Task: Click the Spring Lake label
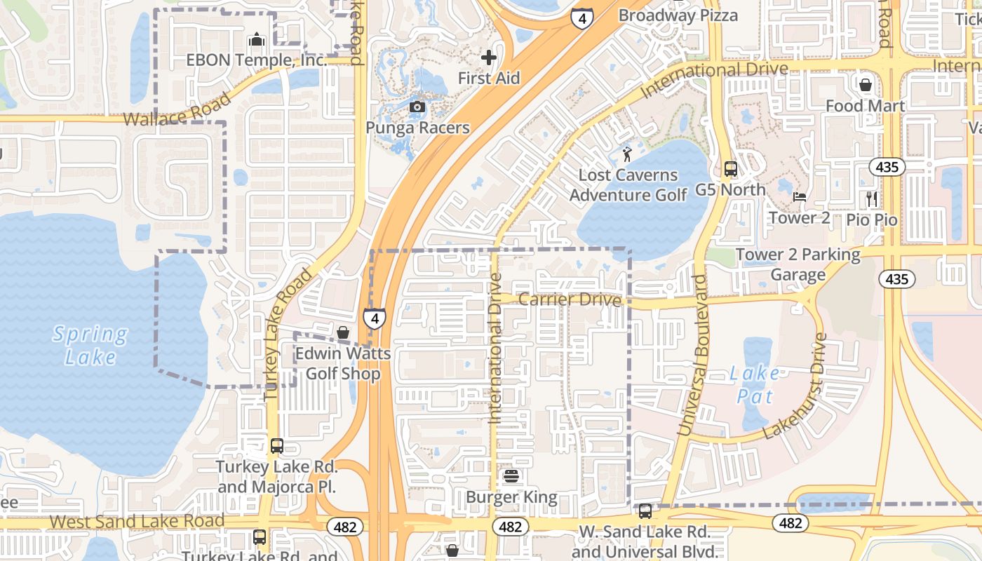90,345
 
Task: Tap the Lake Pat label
755,384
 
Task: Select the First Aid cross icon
489,58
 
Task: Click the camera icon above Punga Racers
417,107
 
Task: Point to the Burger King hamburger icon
511,477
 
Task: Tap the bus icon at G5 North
731,169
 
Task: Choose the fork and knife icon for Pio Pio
872,198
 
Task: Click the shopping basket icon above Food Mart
866,85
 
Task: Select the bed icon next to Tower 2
799,197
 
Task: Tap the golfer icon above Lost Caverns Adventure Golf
627,154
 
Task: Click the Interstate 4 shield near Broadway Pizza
581,18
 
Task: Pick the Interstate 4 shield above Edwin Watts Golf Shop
375,318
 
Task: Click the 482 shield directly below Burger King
510,526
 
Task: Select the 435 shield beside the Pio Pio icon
887,167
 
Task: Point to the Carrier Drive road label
570,300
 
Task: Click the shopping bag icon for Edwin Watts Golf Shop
343,332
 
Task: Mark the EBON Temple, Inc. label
257,60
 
